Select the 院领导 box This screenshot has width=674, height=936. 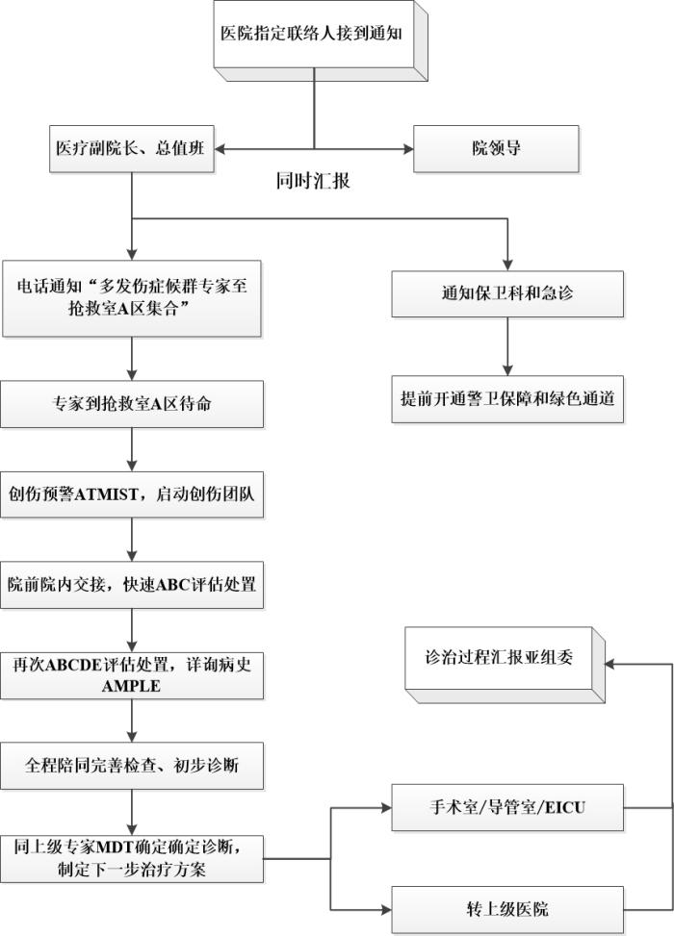(x=496, y=150)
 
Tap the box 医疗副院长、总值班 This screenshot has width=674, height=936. (x=131, y=150)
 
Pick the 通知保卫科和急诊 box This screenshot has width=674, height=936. (x=507, y=293)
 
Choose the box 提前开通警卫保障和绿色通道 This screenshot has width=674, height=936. (x=507, y=396)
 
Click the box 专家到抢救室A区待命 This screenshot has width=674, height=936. (x=132, y=404)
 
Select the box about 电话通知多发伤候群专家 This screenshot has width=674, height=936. (x=132, y=297)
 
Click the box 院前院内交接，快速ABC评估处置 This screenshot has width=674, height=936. (x=132, y=585)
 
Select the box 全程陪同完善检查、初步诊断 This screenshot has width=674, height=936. (x=132, y=767)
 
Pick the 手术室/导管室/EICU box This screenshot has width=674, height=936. (x=507, y=808)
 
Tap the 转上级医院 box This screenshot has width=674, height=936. (x=507, y=909)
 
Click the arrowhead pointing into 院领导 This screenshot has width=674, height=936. (x=407, y=150)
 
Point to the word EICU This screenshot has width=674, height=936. (x=564, y=808)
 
